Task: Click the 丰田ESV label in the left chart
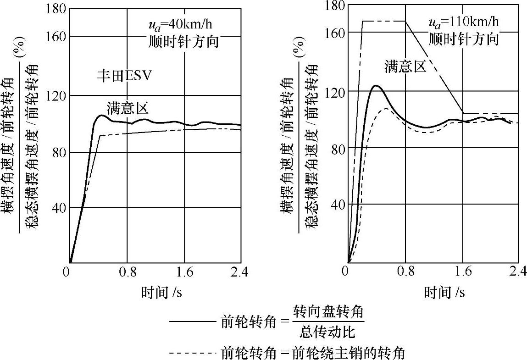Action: [x=124, y=76]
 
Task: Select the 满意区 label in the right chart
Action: [x=405, y=67]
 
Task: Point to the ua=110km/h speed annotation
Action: [x=464, y=22]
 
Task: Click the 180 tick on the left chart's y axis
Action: [x=56, y=9]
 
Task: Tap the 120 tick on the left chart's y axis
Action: [x=56, y=95]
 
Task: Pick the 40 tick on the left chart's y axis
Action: [x=59, y=208]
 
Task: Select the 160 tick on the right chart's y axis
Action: [x=335, y=32]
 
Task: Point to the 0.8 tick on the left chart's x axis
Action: [x=128, y=272]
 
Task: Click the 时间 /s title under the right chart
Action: [x=444, y=292]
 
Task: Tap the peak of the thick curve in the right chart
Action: [x=377, y=85]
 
